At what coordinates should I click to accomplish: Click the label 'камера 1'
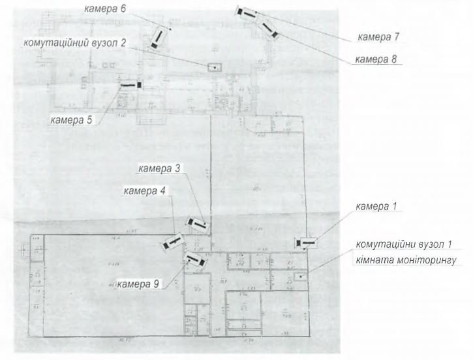375,207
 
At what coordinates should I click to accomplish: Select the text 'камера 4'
144,191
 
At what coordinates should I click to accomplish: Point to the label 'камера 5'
71,119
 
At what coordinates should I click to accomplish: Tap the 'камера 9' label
138,284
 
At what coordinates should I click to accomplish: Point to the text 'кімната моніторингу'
404,260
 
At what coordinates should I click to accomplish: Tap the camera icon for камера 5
130,84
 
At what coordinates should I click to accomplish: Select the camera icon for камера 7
248,12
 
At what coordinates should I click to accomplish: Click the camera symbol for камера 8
269,29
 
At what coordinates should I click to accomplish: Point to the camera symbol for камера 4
171,242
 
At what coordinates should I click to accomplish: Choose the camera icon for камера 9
196,261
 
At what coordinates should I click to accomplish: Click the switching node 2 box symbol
214,67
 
